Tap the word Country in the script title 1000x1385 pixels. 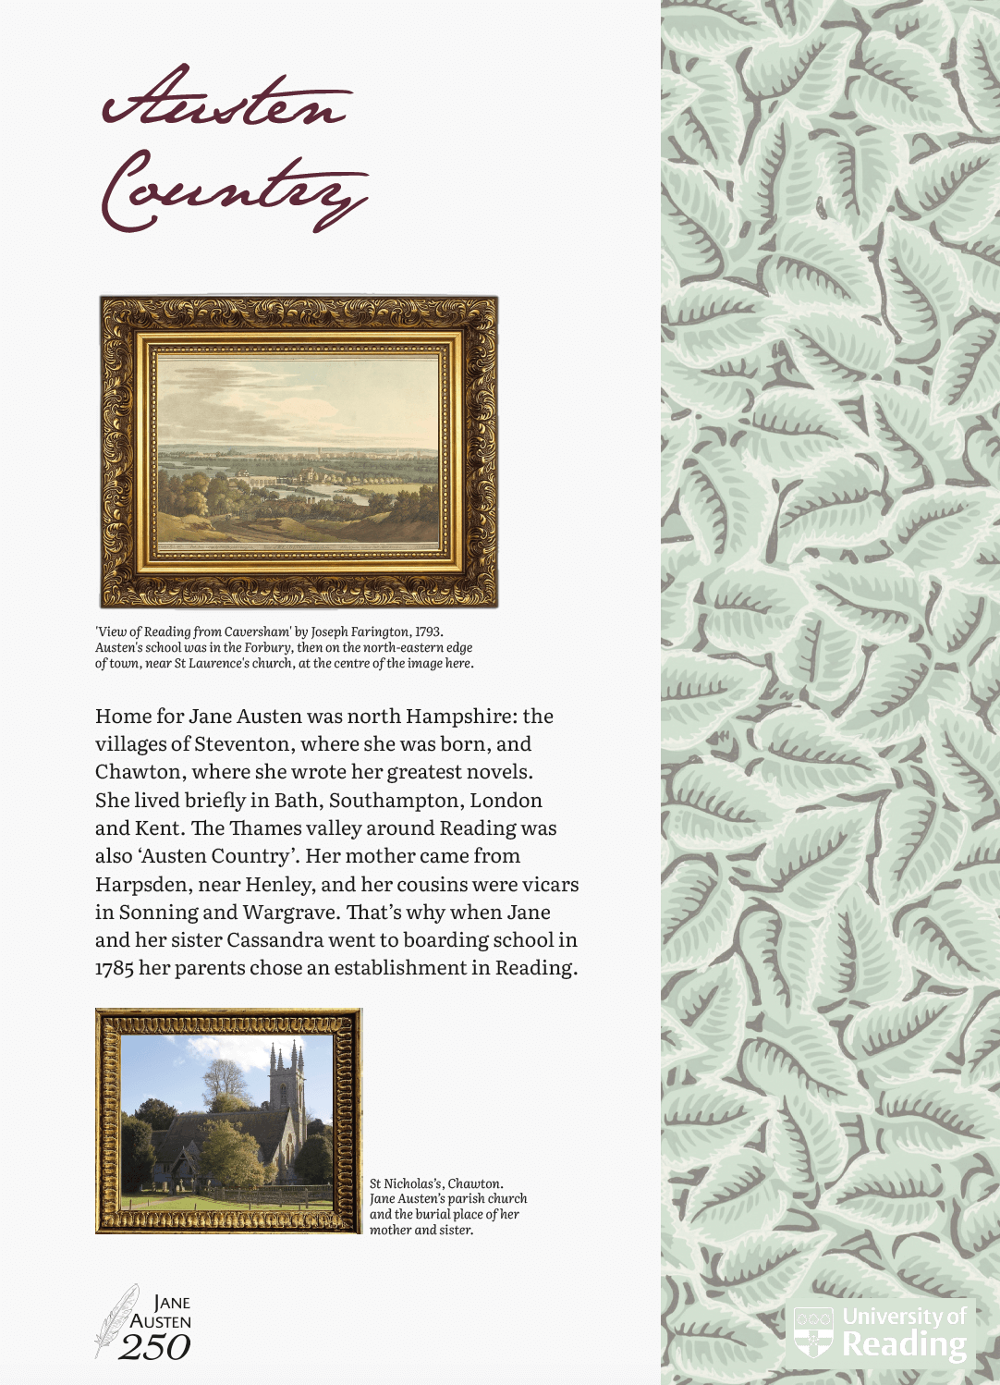click(234, 190)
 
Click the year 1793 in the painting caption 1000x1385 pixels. click(427, 632)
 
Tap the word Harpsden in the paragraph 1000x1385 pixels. click(143, 885)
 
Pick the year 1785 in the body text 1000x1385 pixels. click(114, 968)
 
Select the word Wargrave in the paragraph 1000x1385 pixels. click(289, 913)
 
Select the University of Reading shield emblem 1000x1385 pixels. click(813, 1332)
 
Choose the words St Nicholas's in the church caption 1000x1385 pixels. click(406, 1183)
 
